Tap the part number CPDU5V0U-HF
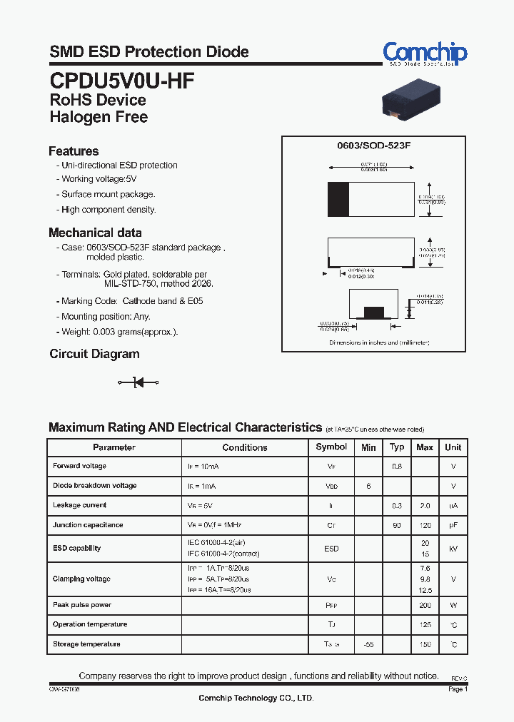tap(121, 79)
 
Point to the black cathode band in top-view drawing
tap(338, 199)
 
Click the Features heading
tap(74, 151)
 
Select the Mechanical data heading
tap(95, 233)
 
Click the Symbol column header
tap(331, 447)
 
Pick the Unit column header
tap(453, 447)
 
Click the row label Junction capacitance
tap(88, 525)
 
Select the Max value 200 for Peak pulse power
tap(425, 605)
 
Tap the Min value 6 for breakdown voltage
tap(368, 486)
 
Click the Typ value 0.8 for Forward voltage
tap(397, 467)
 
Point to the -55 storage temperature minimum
tap(368, 644)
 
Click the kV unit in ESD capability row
tap(453, 549)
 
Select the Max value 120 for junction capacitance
tap(425, 525)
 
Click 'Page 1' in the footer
tap(458, 689)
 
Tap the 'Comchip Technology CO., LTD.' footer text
tap(256, 698)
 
